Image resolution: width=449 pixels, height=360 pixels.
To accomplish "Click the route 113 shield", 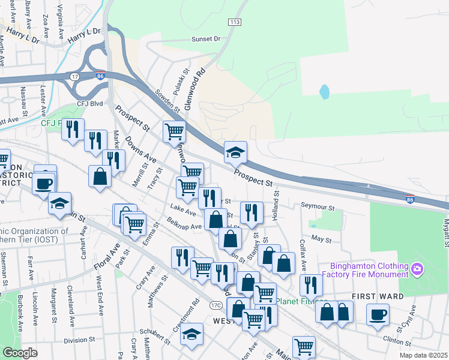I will point(234,22).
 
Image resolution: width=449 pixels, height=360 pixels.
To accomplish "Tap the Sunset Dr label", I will point(206,38).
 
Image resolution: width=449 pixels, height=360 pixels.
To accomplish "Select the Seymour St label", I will point(318,207).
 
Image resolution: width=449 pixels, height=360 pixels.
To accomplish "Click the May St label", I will point(322,239).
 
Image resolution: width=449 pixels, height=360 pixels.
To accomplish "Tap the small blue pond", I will point(324,92).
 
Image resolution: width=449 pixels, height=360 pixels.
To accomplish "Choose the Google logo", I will point(20,353).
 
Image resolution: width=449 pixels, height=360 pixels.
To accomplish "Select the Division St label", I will point(76,340).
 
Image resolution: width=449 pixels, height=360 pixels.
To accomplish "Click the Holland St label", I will point(276,204).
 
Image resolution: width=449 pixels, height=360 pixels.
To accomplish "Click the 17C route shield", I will point(216,305).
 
